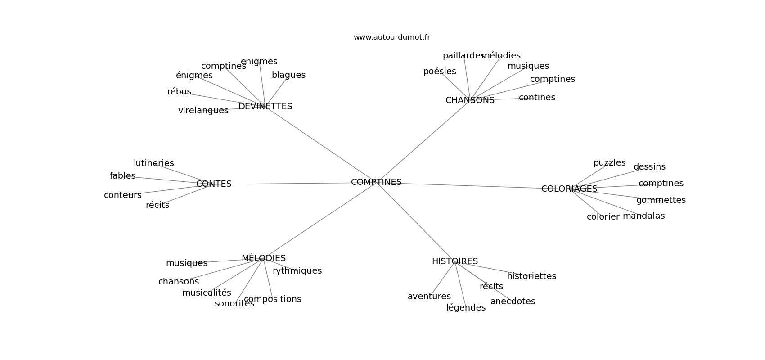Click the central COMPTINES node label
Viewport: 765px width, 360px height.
(x=376, y=182)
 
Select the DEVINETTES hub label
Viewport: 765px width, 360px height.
(x=265, y=107)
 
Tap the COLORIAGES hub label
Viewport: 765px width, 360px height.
(x=569, y=189)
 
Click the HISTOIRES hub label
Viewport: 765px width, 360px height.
(x=454, y=261)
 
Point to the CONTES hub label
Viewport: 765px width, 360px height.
(x=214, y=184)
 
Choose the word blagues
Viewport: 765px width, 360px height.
(x=288, y=75)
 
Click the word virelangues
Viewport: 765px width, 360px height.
(x=203, y=111)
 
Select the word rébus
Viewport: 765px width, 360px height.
(x=179, y=92)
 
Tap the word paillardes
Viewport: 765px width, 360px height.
(x=463, y=56)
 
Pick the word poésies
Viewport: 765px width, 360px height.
(x=440, y=72)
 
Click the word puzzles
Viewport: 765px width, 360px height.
(x=609, y=163)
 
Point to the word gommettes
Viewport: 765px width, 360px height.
(x=661, y=200)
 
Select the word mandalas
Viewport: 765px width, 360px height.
(x=643, y=216)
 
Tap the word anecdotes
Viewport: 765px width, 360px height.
(x=513, y=301)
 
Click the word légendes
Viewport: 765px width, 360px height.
(x=466, y=308)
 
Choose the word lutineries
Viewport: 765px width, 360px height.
(x=153, y=163)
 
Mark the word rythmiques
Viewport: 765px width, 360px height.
(x=297, y=271)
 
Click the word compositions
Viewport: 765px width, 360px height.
(x=272, y=299)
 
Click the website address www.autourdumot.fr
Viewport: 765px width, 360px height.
(x=391, y=37)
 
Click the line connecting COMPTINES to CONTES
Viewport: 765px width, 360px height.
(x=292, y=184)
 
